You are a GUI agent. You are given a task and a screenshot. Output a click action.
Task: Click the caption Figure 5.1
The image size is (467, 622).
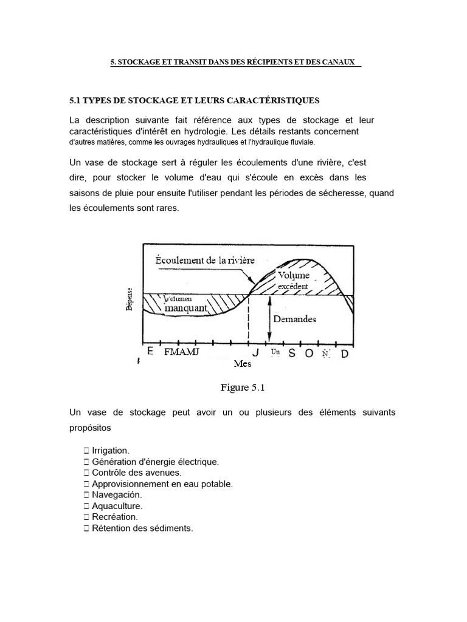[243, 386]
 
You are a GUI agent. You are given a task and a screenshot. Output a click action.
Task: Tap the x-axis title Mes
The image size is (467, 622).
[242, 364]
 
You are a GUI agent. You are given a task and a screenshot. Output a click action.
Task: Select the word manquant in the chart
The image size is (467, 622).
[182, 308]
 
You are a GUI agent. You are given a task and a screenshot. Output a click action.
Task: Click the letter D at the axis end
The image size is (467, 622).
[344, 354]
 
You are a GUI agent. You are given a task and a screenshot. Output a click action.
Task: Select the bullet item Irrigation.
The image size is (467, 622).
[110, 450]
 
